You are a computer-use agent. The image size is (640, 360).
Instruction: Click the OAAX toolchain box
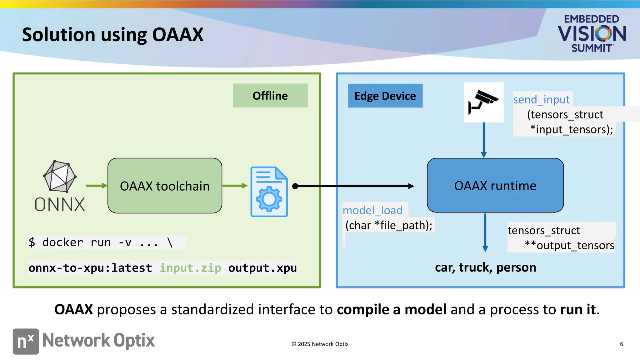[x=165, y=186]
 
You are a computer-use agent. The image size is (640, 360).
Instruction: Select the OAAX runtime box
[x=495, y=186]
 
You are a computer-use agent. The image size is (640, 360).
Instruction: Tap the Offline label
[x=270, y=96]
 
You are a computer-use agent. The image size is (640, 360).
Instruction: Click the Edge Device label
[x=385, y=96]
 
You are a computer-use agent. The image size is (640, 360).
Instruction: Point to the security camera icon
[x=483, y=102]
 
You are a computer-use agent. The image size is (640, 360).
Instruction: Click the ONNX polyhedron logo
[x=59, y=177]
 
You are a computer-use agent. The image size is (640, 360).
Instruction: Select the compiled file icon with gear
[x=269, y=192]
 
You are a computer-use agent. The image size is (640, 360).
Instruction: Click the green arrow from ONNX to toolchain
[x=96, y=186]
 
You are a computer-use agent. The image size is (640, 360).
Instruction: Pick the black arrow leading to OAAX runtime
[x=355, y=186]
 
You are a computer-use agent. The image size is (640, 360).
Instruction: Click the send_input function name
[x=541, y=100]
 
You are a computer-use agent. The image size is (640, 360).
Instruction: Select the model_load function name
[x=372, y=210]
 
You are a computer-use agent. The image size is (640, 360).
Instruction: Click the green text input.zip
[x=190, y=268]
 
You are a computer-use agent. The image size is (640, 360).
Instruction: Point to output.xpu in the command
[x=262, y=268]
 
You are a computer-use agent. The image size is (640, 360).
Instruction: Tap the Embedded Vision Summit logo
[x=592, y=33]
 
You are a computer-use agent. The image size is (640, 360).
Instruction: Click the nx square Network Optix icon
[x=26, y=341]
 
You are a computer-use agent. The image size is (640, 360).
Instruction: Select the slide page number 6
[x=621, y=344]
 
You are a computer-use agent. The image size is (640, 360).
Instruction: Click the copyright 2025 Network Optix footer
[x=320, y=344]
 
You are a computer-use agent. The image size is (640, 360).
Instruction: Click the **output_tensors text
[x=569, y=245]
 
